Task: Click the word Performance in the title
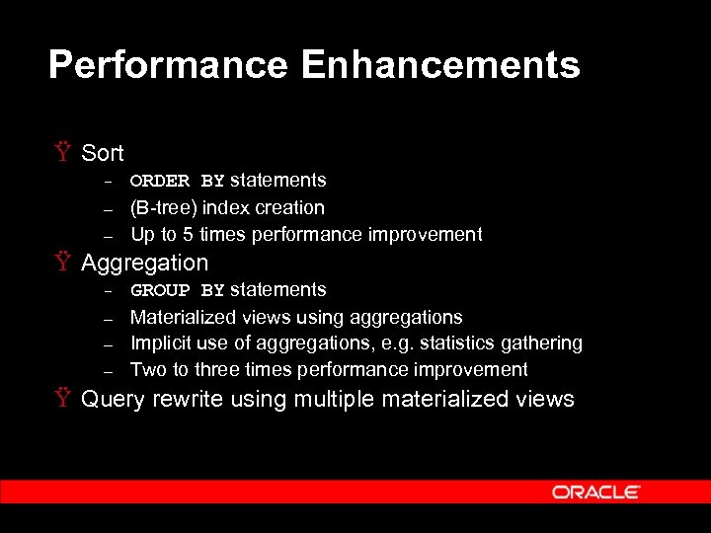tap(168, 66)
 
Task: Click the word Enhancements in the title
tap(440, 66)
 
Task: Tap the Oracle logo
tap(596, 492)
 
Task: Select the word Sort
tap(102, 153)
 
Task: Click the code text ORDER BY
tap(177, 181)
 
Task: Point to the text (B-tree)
tap(163, 208)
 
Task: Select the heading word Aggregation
tap(144, 264)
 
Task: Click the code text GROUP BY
tap(177, 290)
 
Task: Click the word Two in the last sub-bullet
tap(148, 370)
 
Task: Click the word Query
tap(113, 400)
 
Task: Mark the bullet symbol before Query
tap(64, 400)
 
